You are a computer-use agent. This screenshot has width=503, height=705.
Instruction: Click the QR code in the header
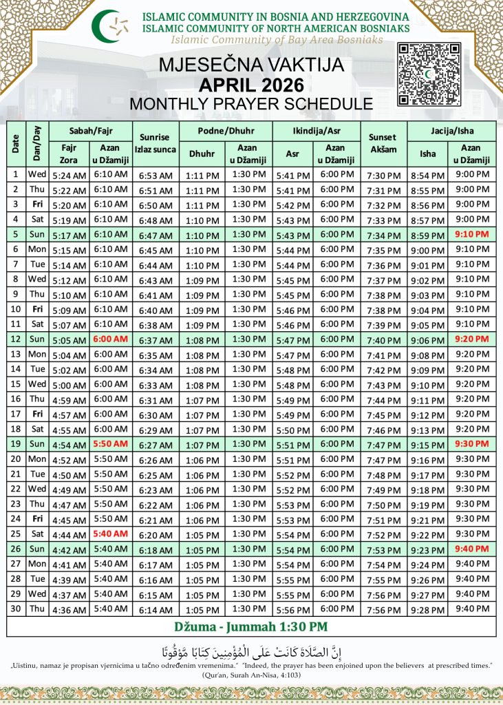[x=429, y=74]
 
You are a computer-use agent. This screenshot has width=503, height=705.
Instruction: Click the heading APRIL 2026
[x=251, y=85]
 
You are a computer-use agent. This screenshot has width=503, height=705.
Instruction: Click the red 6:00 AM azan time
[x=111, y=339]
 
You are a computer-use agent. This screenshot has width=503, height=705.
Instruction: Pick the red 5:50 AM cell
[x=111, y=444]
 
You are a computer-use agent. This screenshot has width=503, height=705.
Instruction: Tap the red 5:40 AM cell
[x=111, y=534]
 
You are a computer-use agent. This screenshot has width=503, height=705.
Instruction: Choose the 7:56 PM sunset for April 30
[x=383, y=609]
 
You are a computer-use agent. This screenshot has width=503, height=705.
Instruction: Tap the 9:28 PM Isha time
[x=428, y=609]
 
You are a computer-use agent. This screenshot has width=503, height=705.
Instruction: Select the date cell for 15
[x=16, y=384]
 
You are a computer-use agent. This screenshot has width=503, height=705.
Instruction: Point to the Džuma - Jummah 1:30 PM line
[x=251, y=627]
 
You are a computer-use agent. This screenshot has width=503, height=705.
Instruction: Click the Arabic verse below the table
[x=251, y=651]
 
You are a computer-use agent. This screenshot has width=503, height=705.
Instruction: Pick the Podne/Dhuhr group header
[x=226, y=129]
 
